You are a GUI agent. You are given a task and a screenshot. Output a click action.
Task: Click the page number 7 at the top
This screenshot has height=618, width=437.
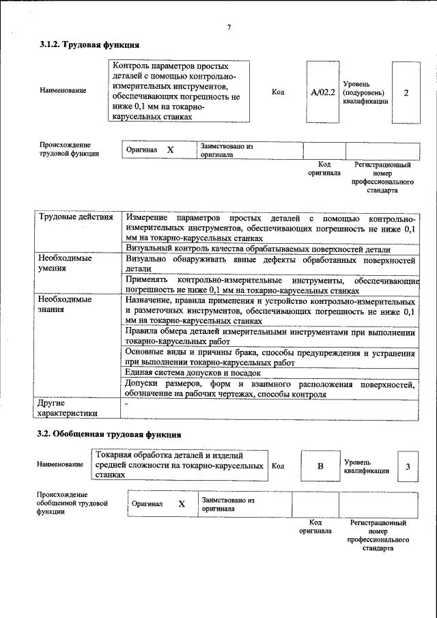[x=229, y=27]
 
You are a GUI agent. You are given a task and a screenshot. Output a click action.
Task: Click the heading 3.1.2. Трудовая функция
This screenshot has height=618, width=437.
[x=89, y=44]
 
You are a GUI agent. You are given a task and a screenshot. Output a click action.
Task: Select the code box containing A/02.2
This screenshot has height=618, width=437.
[x=322, y=92]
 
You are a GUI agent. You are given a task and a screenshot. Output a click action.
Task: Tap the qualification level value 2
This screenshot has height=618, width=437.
[x=406, y=92]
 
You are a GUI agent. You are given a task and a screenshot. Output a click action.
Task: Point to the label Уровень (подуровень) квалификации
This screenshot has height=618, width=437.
[x=365, y=92]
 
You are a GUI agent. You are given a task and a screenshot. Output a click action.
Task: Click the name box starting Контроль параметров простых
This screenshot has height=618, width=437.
[x=178, y=92]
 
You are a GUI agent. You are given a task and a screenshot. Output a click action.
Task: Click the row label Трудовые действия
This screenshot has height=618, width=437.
[x=76, y=218]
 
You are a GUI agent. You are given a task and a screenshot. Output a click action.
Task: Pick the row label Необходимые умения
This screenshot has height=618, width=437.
[x=66, y=264]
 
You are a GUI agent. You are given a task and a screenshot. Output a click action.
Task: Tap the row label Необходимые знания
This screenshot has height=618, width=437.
[x=66, y=304]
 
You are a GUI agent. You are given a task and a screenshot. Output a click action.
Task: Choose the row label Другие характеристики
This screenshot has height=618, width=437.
[x=68, y=408]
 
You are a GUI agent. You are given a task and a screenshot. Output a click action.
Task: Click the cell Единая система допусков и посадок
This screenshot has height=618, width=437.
[x=193, y=373]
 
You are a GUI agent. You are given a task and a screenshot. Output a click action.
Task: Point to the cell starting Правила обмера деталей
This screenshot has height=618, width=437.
[x=270, y=337]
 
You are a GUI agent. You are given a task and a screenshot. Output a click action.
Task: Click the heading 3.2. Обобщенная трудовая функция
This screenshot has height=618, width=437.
[x=109, y=434]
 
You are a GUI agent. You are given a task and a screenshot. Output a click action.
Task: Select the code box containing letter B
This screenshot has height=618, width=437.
[x=320, y=466]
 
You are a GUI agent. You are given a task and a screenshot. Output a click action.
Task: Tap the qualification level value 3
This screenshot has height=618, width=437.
[x=408, y=466]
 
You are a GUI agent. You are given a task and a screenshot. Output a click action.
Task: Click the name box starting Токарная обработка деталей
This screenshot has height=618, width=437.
[x=180, y=465]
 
